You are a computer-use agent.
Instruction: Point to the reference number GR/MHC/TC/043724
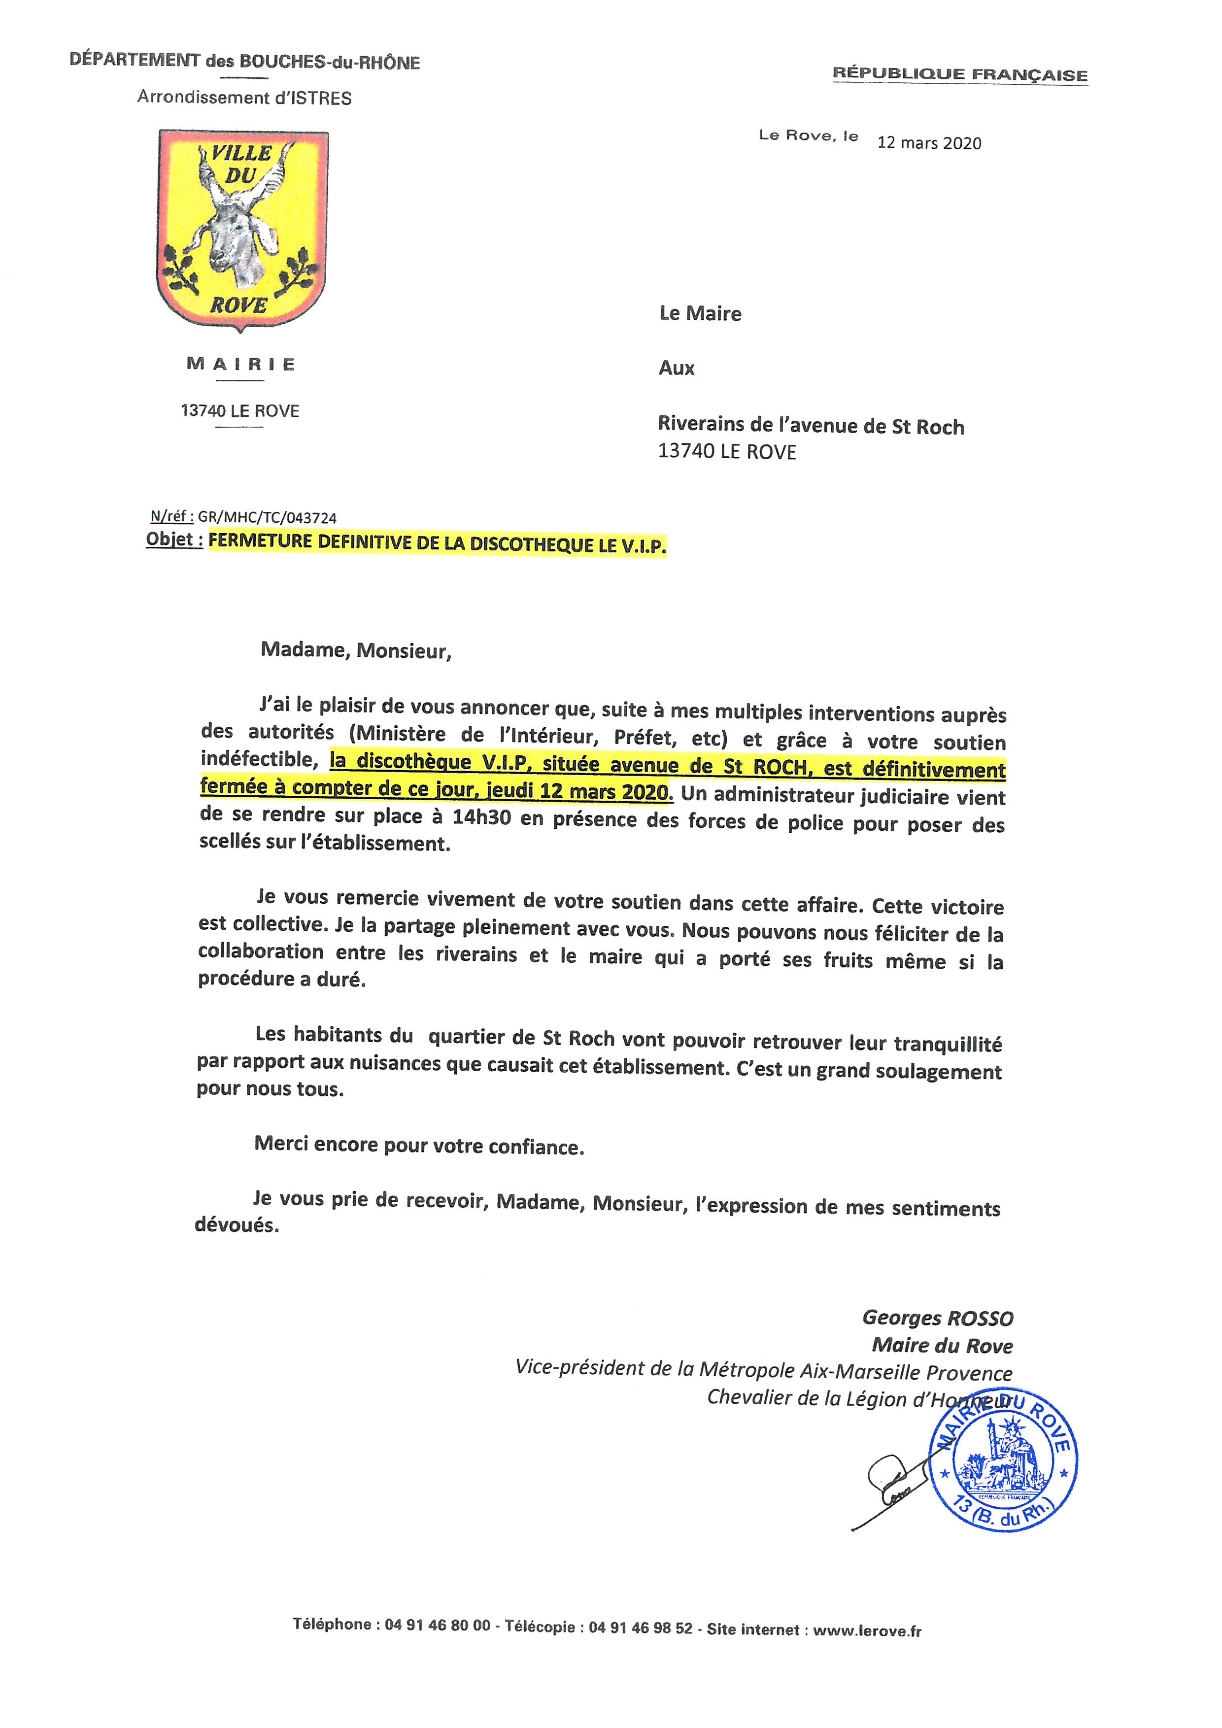267,518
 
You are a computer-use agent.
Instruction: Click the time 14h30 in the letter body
481,817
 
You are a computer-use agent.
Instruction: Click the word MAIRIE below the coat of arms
241,364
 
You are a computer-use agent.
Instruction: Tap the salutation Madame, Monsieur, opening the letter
356,650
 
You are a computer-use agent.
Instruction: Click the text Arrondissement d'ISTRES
244,98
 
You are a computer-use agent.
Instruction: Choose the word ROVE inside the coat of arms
238,305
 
